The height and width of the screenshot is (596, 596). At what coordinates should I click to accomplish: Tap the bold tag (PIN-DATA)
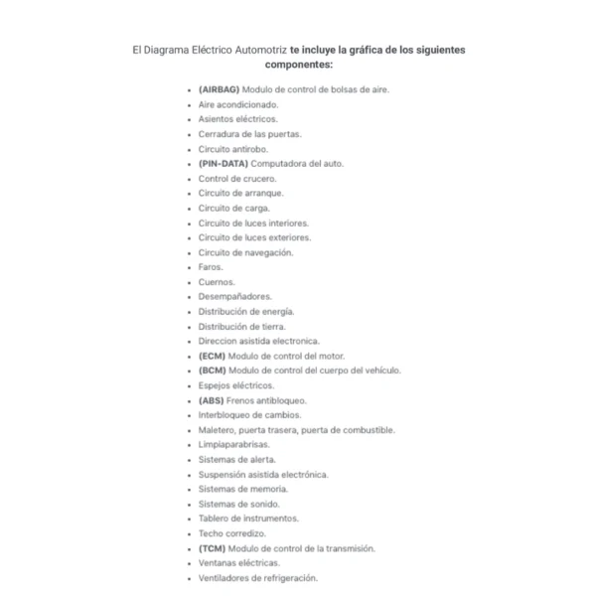(223, 164)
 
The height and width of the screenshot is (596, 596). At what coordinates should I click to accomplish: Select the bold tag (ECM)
(213, 356)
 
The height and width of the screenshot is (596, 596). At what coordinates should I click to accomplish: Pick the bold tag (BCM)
(213, 371)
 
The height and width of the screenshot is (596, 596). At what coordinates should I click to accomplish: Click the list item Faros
(211, 267)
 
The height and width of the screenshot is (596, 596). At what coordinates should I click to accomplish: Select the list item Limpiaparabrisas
(233, 445)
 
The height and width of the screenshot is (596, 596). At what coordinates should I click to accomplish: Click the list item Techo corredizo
(231, 533)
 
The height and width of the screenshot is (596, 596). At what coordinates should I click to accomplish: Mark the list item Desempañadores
(234, 296)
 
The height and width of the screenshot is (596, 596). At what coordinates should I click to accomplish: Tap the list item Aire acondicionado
(238, 104)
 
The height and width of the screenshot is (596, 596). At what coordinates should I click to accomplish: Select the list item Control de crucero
(236, 179)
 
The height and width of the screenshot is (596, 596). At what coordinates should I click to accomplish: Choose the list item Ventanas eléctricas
(238, 563)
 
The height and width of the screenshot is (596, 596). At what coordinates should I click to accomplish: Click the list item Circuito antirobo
(232, 149)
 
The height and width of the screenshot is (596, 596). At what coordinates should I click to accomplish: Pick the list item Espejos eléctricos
(236, 385)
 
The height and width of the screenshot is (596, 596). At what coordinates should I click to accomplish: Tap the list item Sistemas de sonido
(238, 504)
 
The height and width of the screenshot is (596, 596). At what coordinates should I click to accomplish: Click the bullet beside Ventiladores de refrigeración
(190, 578)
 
